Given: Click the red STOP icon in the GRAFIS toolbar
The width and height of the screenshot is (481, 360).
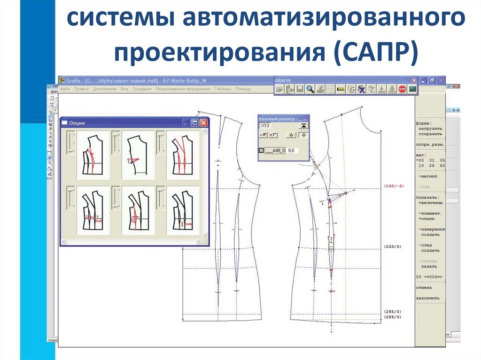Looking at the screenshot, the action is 402,89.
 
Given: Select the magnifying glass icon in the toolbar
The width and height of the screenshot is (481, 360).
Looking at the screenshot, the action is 310,89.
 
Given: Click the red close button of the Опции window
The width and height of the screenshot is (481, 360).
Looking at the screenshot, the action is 203,123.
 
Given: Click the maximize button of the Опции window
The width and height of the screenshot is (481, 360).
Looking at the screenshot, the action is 194,123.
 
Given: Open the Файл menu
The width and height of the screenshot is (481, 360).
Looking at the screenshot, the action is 65,89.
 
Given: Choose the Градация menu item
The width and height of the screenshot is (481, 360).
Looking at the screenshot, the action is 142,89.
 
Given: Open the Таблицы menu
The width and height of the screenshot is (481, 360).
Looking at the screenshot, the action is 223,89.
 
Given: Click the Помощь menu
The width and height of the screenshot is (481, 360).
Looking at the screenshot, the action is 243,89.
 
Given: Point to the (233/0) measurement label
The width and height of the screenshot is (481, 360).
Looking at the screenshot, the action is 393,246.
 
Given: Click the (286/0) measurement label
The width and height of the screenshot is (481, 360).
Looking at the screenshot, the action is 393,318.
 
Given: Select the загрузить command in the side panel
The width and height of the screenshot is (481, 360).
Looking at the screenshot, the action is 428,129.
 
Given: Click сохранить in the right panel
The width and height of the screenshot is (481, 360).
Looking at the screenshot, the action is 428,134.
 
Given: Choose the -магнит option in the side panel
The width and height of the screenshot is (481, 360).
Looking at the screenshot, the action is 428,176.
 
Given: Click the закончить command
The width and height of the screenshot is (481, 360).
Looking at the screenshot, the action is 427,298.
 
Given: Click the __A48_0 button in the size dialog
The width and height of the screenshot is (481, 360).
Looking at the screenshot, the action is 276,151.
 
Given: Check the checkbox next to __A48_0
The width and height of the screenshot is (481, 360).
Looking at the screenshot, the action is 262,151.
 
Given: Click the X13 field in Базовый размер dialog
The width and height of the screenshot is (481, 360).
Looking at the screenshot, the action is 277,126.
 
